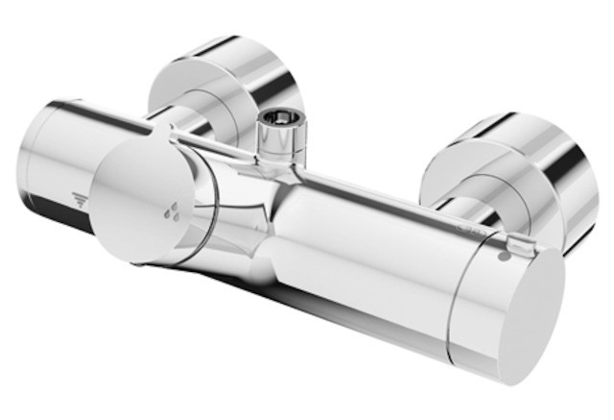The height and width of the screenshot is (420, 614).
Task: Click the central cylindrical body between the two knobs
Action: (x=355, y=240)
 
